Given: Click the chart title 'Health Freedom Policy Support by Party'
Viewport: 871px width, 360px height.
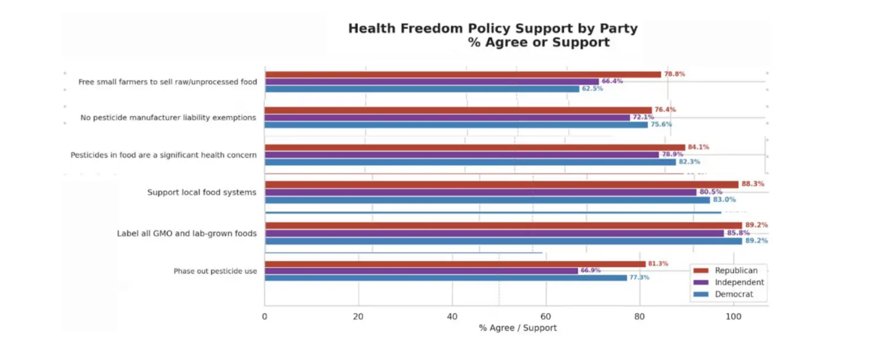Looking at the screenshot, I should click(493, 29).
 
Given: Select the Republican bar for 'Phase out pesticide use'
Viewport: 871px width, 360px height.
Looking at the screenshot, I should click(454, 263).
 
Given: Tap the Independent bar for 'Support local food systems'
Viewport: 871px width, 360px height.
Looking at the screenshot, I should click(480, 192).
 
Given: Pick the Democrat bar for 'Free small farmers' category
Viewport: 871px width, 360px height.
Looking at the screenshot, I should click(422, 89).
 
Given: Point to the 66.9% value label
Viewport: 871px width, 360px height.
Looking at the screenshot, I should click(591, 270).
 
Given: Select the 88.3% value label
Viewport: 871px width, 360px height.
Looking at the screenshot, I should click(753, 184).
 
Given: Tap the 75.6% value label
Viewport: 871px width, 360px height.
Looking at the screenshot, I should click(661, 124).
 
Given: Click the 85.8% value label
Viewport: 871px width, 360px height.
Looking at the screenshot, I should click(737, 233).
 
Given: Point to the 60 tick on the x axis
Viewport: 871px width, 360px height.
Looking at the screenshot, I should click(546, 316).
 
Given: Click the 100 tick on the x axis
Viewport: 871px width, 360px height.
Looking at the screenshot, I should click(733, 316).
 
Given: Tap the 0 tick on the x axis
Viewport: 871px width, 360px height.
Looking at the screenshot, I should click(265, 316).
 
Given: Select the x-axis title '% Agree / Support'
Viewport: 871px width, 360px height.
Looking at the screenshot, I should click(518, 329).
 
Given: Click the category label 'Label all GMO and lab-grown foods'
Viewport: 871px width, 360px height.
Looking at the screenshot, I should click(187, 234).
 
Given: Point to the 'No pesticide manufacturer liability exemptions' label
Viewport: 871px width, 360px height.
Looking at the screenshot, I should click(168, 118).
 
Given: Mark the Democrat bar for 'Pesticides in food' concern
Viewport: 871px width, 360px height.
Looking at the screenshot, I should click(470, 162).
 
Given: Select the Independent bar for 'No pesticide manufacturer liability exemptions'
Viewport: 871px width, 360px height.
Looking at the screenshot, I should click(447, 117).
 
